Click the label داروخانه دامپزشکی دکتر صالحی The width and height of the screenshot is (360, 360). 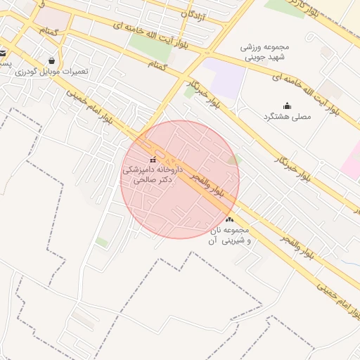pos(153,174)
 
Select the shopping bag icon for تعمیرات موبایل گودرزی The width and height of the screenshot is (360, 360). pos(51,60)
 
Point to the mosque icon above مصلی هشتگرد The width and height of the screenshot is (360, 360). pos(286,105)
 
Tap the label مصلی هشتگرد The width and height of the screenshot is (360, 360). pos(286,116)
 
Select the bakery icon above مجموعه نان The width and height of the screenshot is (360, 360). pos(230,221)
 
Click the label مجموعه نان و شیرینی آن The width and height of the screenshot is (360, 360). pos(228,236)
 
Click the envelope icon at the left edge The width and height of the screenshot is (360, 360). pos(3,53)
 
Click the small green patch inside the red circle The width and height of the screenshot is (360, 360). pos(234,160)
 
